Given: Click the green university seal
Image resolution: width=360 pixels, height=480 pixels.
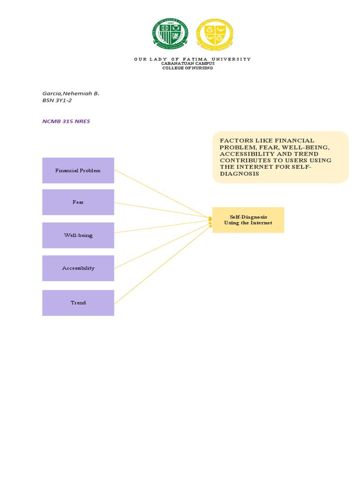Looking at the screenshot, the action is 171,33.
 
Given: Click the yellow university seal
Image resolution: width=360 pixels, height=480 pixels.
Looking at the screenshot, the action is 215,33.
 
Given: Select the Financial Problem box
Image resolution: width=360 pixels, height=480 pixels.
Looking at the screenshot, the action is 78,171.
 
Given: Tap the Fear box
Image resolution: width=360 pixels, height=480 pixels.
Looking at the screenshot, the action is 78,202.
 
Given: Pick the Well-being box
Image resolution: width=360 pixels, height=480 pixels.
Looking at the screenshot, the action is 78,235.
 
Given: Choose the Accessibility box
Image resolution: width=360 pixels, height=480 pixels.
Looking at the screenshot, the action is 78,268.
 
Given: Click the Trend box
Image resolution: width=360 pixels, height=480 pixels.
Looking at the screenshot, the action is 78,303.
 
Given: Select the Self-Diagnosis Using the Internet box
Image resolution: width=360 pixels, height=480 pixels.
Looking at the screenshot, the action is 248,220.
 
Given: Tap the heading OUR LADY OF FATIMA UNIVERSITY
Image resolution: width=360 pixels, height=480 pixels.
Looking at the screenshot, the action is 192,59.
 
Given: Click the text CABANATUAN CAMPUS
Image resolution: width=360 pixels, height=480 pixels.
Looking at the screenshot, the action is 188,63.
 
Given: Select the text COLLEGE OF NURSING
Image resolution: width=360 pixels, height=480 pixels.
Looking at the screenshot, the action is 187,68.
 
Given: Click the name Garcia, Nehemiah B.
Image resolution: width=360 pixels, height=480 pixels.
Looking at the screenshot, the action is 71,93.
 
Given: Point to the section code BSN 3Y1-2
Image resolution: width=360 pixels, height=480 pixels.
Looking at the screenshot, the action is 57,100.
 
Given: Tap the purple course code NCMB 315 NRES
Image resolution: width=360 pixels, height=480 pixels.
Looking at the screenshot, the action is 66,121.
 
